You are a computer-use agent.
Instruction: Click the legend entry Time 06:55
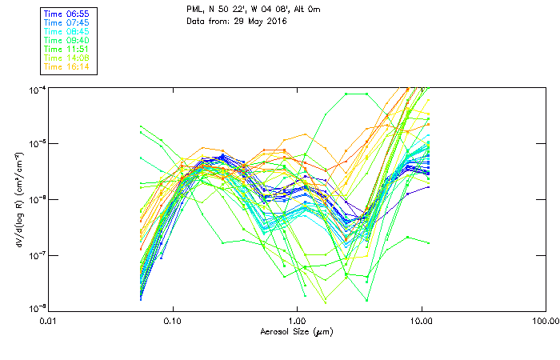pyautogui.click(x=67, y=14)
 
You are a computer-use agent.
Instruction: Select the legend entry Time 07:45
pyautogui.click(x=67, y=22)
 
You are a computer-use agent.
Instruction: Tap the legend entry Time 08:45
pyautogui.click(x=67, y=31)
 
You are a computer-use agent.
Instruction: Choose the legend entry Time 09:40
pyautogui.click(x=67, y=40)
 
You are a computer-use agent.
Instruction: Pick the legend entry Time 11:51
pyautogui.click(x=67, y=49)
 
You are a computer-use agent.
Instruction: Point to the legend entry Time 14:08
pyautogui.click(x=67, y=58)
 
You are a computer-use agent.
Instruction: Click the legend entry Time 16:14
pyautogui.click(x=67, y=66)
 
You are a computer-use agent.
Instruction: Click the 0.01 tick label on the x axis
pyautogui.click(x=48, y=321)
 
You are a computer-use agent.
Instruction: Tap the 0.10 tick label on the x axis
pyautogui.click(x=172, y=321)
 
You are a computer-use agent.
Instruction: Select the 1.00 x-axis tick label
pyautogui.click(x=297, y=321)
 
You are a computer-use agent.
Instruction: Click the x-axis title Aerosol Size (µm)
pyautogui.click(x=296, y=331)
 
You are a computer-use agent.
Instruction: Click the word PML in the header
pyautogui.click(x=194, y=10)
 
